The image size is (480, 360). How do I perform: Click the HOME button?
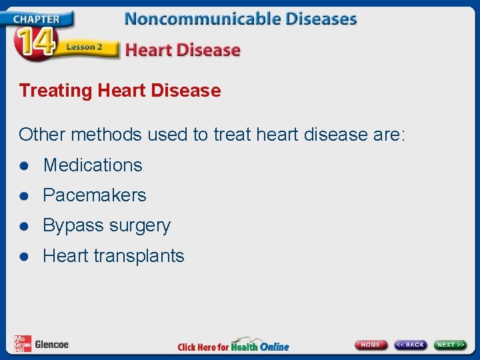371,345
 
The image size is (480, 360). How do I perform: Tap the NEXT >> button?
451,345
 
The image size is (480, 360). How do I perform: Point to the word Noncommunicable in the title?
201,19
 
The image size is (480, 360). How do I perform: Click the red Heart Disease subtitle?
183,50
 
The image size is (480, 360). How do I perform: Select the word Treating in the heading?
56,91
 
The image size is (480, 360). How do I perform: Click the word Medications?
93,165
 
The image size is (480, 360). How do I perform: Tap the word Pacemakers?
95,195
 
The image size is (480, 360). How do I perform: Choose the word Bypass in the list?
70,226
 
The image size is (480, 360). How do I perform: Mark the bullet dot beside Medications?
25,166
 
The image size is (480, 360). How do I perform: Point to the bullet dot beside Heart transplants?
25,257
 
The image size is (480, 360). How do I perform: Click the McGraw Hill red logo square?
23,343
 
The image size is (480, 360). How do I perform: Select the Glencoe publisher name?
51,345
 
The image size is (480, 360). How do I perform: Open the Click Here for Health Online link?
233,345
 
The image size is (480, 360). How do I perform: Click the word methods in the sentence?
106,135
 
